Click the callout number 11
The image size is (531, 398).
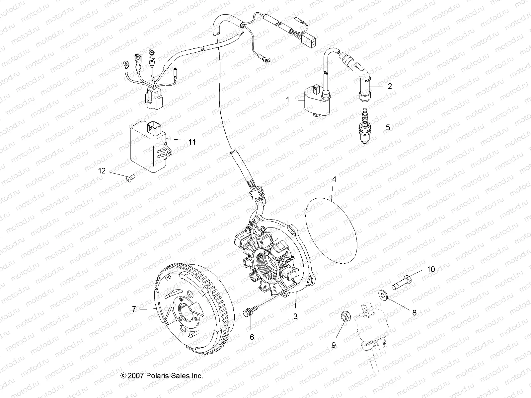tap(192, 142)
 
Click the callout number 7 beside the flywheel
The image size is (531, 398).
tap(134, 309)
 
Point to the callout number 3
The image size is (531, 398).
tap(295, 316)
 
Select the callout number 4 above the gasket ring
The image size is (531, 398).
tap(334, 179)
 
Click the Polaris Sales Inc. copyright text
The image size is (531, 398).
tap(162, 376)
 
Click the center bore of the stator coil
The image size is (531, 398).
tap(268, 264)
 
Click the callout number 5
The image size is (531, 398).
tap(388, 127)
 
